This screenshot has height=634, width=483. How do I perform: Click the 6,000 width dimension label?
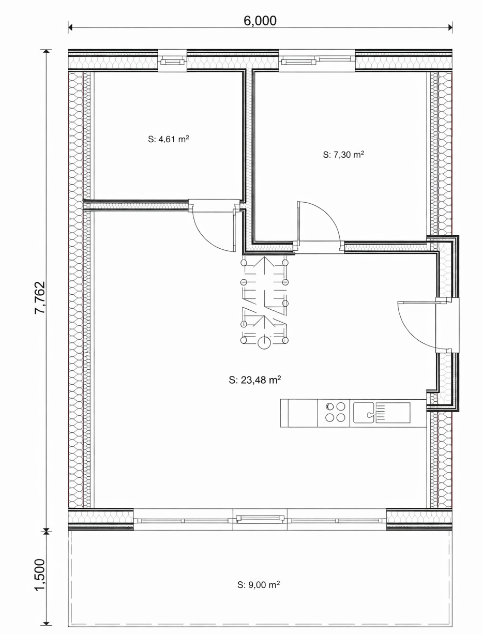pyautogui.click(x=260, y=21)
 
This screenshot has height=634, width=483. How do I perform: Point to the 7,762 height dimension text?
pyautogui.click(x=40, y=297)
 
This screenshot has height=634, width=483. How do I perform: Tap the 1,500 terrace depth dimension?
pyautogui.click(x=40, y=575)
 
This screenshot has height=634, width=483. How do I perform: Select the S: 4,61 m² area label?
pyautogui.click(x=168, y=139)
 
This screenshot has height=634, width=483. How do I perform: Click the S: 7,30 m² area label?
pyautogui.click(x=343, y=155)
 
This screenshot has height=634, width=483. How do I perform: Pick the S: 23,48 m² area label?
pyautogui.click(x=255, y=380)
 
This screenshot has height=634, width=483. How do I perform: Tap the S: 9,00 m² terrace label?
pyautogui.click(x=259, y=584)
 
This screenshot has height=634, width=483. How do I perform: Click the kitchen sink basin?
pyautogui.click(x=364, y=413)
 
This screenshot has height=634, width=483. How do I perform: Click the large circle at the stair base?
pyautogui.click(x=264, y=343)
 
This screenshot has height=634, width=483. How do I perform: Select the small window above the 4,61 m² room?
pyautogui.click(x=172, y=62)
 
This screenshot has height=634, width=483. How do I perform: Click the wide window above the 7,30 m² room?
pyautogui.click(x=316, y=61)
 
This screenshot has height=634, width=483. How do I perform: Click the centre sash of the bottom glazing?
pyautogui.click(x=260, y=519)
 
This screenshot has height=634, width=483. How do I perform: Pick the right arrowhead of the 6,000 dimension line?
pyautogui.click(x=450, y=27)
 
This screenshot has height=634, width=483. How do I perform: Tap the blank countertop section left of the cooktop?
pyautogui.click(x=299, y=413)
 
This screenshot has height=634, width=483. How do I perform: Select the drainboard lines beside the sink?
pyautogui.click(x=381, y=413)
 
